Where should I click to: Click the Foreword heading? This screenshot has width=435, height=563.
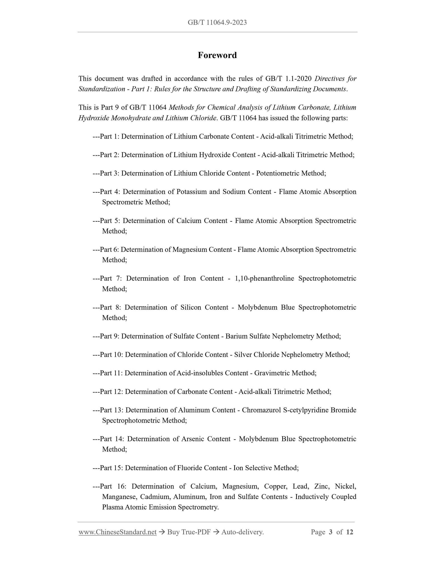pyautogui.click(x=217, y=55)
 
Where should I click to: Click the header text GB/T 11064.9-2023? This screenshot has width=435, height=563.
pyautogui.click(x=217, y=22)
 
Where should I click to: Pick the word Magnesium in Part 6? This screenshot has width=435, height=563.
pyautogui.click(x=189, y=250)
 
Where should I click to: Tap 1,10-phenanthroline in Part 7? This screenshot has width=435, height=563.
pyautogui.click(x=264, y=278)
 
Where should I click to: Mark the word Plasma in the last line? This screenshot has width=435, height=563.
pyautogui.click(x=113, y=507)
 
